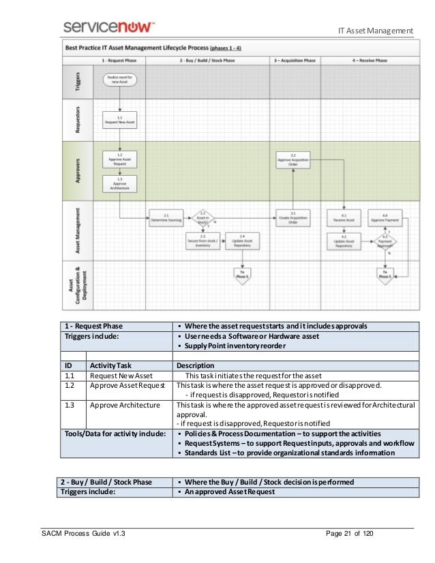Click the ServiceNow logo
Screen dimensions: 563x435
coord(109,27)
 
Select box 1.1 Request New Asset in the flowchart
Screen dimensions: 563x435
coord(120,120)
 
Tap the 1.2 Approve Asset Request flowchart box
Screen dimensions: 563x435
coord(120,159)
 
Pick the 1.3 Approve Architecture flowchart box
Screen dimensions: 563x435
coord(120,183)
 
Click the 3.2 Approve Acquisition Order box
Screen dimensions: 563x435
coord(292,159)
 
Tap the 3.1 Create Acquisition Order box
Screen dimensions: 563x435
coord(292,218)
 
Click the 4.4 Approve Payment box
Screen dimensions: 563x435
coord(385,218)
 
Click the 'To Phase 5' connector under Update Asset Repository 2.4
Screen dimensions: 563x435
coord(242,273)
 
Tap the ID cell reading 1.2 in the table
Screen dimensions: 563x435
coord(70,385)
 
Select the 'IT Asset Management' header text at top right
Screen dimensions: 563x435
coord(376,30)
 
